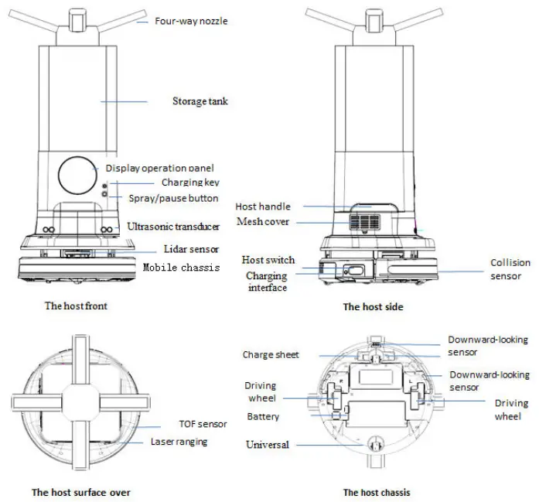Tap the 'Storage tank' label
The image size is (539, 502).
(x=200, y=101)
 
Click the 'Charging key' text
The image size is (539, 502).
(x=190, y=183)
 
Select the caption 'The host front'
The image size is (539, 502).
(x=76, y=306)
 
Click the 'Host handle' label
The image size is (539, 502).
(x=264, y=207)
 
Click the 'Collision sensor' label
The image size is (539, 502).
(x=510, y=269)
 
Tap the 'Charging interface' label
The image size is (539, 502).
(x=267, y=282)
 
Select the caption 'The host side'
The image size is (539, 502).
(x=373, y=306)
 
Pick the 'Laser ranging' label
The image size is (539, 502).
(x=179, y=442)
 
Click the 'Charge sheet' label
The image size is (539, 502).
(x=270, y=355)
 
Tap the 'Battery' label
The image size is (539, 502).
(x=263, y=416)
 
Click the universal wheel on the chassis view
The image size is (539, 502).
(x=377, y=445)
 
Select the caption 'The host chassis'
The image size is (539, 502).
(x=377, y=492)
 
